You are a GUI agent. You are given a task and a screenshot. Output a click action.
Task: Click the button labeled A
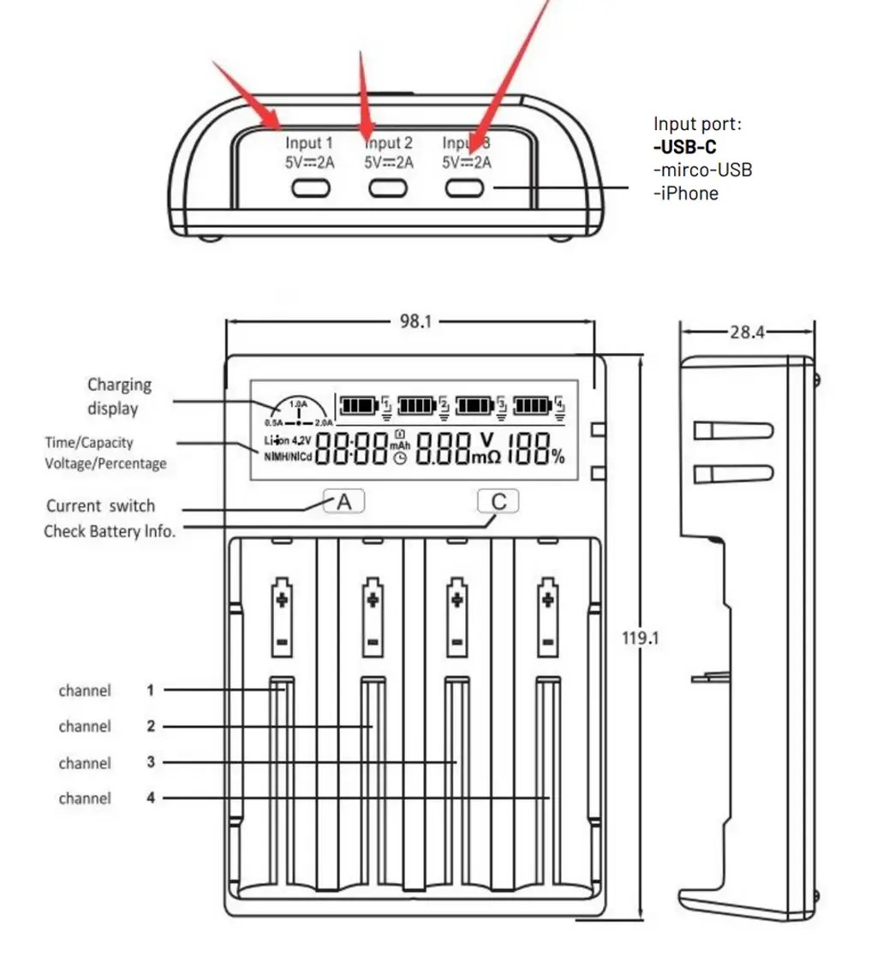344,501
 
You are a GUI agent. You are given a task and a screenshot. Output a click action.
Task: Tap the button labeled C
498,501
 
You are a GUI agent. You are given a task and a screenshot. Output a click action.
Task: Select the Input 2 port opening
386,188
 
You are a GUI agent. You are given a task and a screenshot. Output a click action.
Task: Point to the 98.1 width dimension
415,322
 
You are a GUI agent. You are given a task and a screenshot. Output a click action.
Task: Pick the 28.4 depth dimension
748,332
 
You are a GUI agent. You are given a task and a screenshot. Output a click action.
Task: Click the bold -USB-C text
685,146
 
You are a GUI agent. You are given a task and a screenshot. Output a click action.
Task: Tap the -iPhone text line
686,193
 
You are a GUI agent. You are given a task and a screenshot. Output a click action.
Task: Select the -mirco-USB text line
702,170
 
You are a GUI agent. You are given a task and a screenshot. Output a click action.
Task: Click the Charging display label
119,397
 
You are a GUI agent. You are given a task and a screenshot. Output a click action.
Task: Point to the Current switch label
101,505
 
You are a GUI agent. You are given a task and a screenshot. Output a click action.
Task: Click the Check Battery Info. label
110,531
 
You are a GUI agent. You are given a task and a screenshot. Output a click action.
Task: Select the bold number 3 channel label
151,762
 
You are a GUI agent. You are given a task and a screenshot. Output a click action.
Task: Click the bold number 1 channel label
150,690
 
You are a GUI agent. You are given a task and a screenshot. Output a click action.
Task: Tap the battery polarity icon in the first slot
283,616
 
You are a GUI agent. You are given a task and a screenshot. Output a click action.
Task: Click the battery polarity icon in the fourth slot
547,616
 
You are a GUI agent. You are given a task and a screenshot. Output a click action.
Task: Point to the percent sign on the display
558,457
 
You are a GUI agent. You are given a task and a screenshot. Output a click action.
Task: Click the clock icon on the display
400,458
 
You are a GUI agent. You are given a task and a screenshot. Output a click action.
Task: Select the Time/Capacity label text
89,443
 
